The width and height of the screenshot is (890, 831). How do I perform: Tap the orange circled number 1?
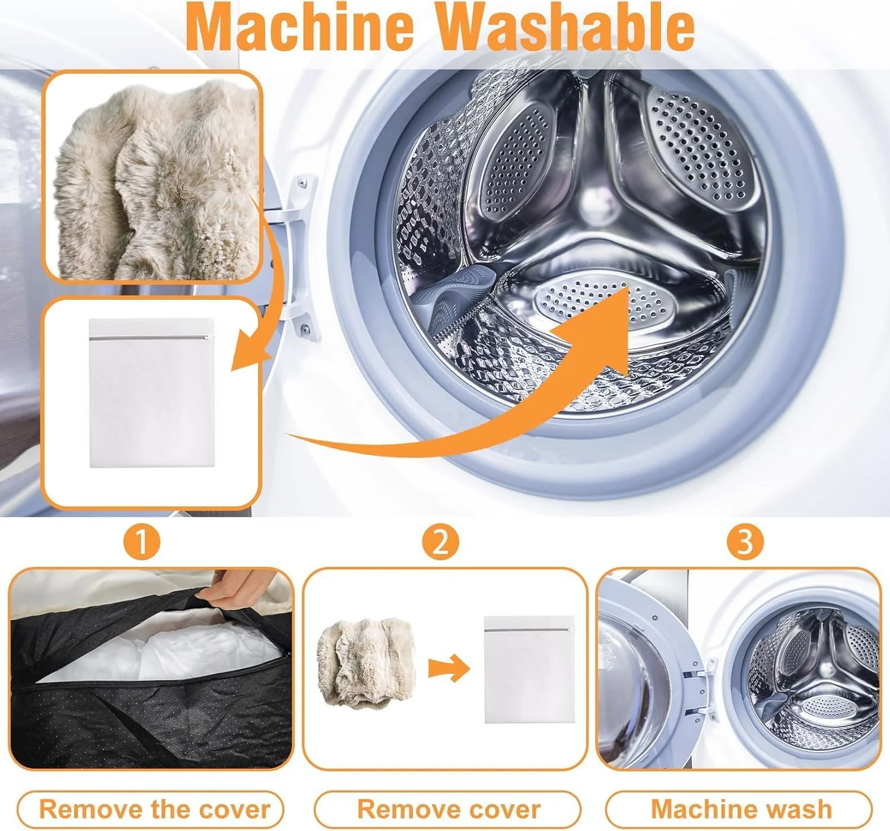point(142,542)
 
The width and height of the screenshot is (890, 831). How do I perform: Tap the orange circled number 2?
point(440,542)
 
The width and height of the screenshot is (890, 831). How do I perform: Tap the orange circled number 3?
point(745,542)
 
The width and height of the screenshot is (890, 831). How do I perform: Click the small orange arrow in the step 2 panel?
point(449,668)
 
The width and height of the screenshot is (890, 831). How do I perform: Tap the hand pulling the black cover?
point(233,584)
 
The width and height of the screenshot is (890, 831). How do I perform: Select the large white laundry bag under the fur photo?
point(152,392)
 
